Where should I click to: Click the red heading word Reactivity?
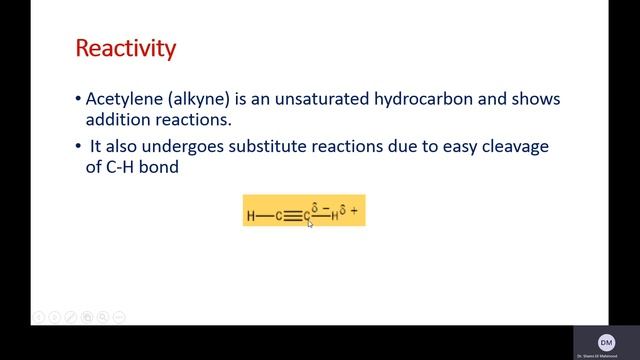tap(126, 47)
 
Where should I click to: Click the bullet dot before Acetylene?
tap(79, 100)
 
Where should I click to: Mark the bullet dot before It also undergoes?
tap(79, 147)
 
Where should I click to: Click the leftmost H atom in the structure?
tap(250, 216)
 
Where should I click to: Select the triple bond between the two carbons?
tap(292, 216)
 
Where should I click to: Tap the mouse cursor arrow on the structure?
tap(310, 223)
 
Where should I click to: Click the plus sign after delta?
tap(354, 211)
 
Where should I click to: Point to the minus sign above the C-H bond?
tap(326, 207)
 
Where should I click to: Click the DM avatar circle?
tap(606, 342)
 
